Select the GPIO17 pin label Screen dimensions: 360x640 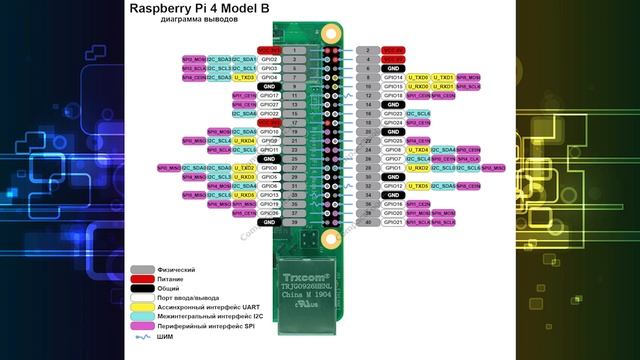268,95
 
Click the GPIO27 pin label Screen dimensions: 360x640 268,104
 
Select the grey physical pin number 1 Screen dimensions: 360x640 293,49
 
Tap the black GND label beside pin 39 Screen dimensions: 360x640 268,222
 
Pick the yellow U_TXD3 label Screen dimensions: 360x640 244,77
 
